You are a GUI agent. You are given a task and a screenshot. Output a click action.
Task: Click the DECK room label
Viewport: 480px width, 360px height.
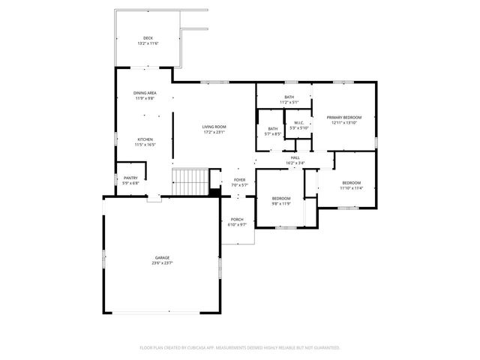pyautogui.click(x=147, y=38)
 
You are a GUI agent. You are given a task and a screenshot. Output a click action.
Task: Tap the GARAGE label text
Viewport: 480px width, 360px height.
pyautogui.click(x=162, y=258)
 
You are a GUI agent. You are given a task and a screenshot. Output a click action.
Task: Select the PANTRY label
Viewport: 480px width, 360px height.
pyautogui.click(x=130, y=178)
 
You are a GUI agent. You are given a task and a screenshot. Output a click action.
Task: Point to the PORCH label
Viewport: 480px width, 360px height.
pyautogui.click(x=237, y=220)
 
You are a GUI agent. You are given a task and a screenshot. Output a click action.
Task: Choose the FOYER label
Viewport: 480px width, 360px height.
pyautogui.click(x=239, y=180)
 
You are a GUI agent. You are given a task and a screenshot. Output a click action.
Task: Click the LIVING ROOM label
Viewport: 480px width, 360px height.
pyautogui.click(x=214, y=127)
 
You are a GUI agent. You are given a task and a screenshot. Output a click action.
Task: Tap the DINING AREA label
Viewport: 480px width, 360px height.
pyautogui.click(x=145, y=93)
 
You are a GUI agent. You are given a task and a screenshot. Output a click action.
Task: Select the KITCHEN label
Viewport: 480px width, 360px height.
pyautogui.click(x=145, y=139)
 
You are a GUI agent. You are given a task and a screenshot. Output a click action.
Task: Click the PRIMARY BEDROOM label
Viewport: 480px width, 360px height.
pyautogui.click(x=344, y=118)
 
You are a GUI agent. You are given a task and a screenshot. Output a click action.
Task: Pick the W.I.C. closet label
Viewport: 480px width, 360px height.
pyautogui.click(x=298, y=123)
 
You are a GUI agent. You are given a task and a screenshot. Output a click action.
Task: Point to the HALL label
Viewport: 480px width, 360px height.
pyautogui.click(x=295, y=157)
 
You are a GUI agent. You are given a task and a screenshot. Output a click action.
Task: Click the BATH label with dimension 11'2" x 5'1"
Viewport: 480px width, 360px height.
pyautogui.click(x=289, y=97)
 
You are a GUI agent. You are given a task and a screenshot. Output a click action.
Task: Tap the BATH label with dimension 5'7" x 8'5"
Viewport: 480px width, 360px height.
pyautogui.click(x=273, y=129)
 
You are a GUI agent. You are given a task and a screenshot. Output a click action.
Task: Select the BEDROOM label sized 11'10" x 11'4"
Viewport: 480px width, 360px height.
pyautogui.click(x=352, y=183)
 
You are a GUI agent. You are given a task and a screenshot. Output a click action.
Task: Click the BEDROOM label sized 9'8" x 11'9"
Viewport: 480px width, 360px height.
pyautogui.click(x=282, y=198)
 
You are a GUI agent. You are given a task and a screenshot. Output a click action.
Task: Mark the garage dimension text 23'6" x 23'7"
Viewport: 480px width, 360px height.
pyautogui.click(x=162, y=263)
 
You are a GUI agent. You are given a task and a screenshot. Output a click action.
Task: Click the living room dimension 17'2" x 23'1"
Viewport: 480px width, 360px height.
pyautogui.click(x=214, y=132)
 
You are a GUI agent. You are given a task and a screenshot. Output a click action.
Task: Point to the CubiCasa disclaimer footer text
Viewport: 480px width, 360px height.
pyautogui.click(x=240, y=347)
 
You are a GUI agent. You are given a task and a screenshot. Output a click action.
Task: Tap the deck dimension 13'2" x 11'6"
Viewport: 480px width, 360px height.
pyautogui.click(x=147, y=43)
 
